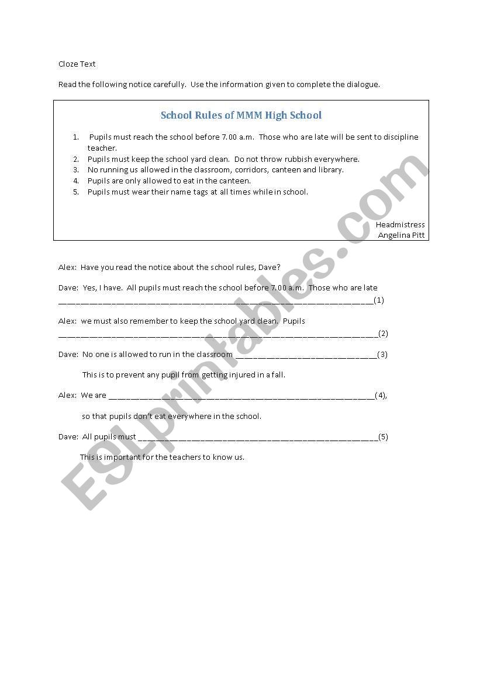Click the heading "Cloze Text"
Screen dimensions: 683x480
point(77,64)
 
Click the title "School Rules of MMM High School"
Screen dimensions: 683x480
point(241,115)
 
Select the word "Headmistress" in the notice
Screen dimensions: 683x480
point(400,224)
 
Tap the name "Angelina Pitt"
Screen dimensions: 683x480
point(401,235)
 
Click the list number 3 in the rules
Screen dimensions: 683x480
point(76,170)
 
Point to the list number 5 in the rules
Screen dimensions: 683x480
point(76,192)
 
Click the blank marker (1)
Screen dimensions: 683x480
point(379,300)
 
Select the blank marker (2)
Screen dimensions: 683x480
point(383,334)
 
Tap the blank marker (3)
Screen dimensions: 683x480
point(382,354)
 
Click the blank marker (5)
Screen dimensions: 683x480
point(383,436)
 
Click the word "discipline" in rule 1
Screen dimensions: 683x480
point(399,137)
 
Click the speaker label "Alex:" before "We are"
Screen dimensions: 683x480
point(67,396)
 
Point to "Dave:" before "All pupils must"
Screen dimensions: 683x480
point(68,436)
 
